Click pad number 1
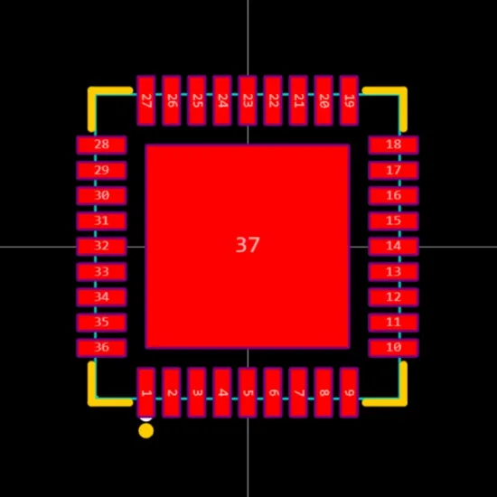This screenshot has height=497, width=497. click(x=146, y=392)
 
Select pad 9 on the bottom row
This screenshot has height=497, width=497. click(x=349, y=392)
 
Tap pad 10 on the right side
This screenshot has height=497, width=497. click(x=393, y=348)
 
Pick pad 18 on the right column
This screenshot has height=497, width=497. click(x=393, y=145)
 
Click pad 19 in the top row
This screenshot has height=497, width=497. click(x=349, y=100)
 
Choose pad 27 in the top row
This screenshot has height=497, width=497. click(x=146, y=100)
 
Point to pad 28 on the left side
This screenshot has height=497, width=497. click(x=101, y=145)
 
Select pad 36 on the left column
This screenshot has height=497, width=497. click(x=101, y=348)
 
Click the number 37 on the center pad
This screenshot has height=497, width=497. click(x=248, y=245)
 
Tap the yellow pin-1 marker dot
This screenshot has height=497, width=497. click(x=146, y=431)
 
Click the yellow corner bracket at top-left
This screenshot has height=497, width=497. click(x=92, y=91)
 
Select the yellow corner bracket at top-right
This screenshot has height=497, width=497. click(x=402, y=91)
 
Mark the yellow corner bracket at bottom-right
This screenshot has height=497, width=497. click(x=402, y=401)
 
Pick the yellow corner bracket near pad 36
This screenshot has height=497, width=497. click(x=92, y=401)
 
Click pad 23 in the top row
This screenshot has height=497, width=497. click(x=248, y=100)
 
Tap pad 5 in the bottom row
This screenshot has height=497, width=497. click(x=248, y=392)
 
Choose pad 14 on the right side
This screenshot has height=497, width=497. click(x=393, y=247)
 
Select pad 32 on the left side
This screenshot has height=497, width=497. click(x=101, y=247)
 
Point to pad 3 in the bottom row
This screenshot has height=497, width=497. click(x=197, y=392)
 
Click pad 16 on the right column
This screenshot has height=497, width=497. click(x=393, y=195)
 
